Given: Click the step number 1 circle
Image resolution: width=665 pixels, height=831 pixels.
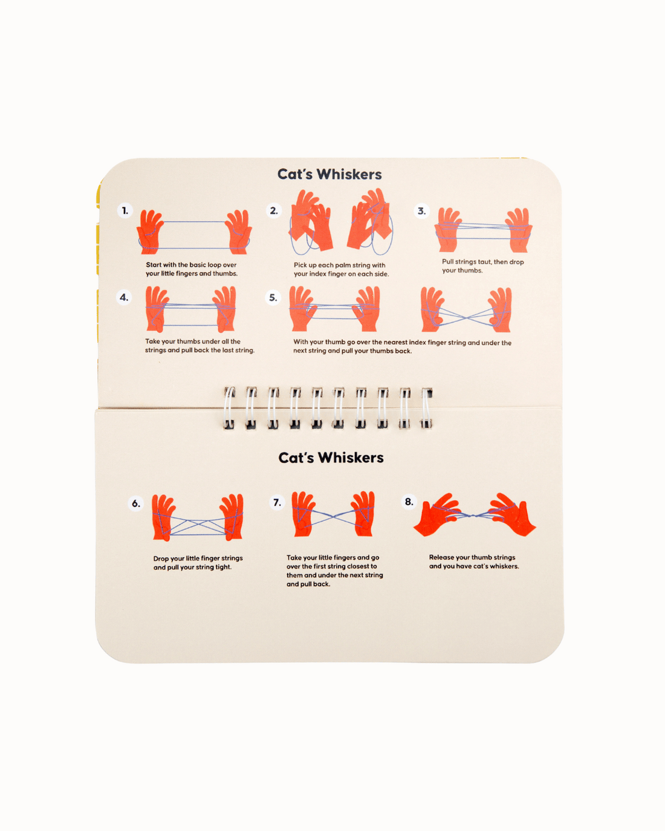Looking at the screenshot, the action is [125, 211].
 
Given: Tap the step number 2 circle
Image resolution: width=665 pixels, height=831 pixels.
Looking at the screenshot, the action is [274, 211].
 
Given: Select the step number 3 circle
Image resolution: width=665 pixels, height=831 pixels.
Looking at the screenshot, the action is [421, 212].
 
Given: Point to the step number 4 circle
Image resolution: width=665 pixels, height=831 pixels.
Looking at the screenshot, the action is [124, 297].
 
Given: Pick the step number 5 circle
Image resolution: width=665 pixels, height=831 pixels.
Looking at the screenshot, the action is [273, 298].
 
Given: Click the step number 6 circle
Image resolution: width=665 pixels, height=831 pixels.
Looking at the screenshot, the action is [135, 503].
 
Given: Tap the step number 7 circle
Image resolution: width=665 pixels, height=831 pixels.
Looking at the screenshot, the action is [277, 502].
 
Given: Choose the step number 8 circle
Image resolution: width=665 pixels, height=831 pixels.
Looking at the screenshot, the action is [409, 502].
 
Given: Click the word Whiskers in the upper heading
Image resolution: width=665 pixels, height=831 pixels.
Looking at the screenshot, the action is [349, 174].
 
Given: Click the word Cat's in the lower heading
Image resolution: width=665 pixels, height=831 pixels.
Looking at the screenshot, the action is [296, 458].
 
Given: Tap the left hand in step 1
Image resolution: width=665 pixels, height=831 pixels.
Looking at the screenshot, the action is [150, 231].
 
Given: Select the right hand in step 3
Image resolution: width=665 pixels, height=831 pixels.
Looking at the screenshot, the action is [519, 230].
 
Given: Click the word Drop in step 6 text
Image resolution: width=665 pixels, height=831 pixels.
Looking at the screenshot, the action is [161, 558].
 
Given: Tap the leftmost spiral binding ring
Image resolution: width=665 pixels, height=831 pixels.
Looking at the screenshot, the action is [229, 408].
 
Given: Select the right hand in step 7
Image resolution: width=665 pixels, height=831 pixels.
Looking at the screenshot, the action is [363, 514].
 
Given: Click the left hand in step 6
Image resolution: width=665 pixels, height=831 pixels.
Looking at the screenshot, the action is [163, 517].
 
